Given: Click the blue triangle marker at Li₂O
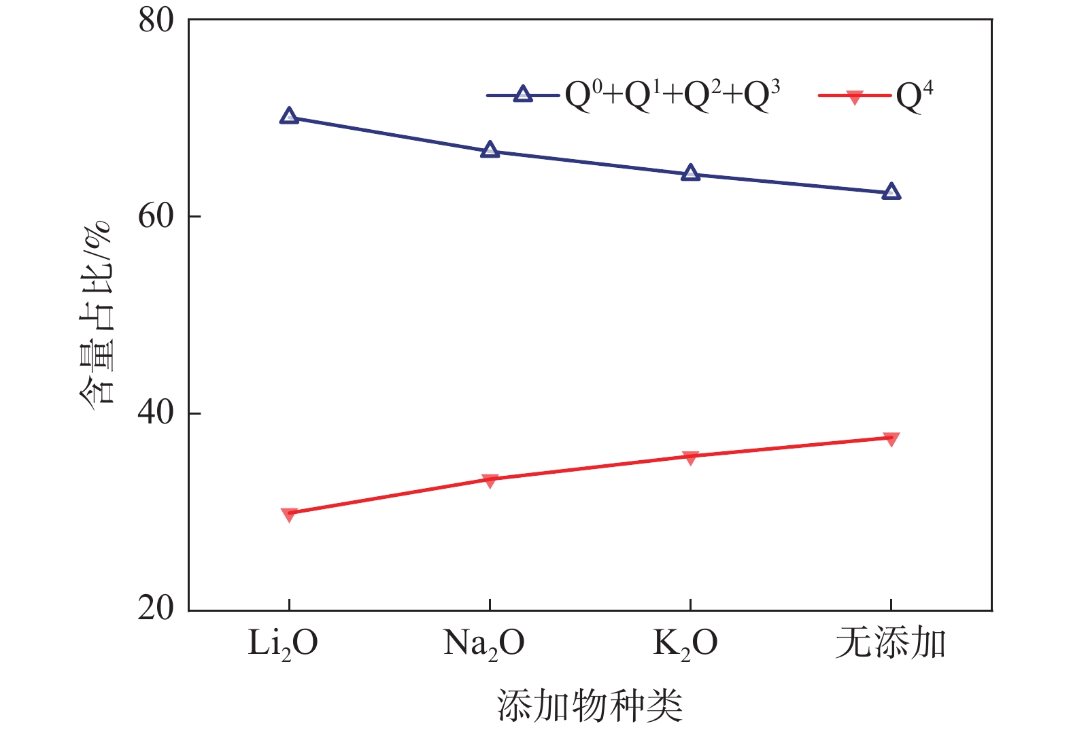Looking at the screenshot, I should [x=289, y=116].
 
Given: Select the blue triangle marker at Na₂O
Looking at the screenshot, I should [x=490, y=151].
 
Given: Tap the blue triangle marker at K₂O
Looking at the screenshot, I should [x=690, y=173].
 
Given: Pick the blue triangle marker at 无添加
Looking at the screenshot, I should [x=891, y=192].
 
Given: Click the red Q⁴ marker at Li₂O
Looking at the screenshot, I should [x=289, y=514].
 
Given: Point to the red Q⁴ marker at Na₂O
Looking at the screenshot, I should [x=490, y=481].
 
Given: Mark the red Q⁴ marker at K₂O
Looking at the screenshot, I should [x=690, y=457].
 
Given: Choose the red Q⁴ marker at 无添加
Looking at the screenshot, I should [x=891, y=438].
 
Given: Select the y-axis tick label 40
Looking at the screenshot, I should [x=156, y=413].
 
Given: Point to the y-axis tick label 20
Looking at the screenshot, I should [x=156, y=608].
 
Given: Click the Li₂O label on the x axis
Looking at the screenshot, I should [x=283, y=644].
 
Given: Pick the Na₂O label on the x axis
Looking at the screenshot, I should [x=484, y=644].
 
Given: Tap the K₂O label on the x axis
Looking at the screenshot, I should [x=685, y=644].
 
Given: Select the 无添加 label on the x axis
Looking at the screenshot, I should [x=891, y=642].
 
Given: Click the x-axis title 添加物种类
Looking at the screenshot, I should [x=590, y=705].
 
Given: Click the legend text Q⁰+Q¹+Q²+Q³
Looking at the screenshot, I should [x=673, y=96].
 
